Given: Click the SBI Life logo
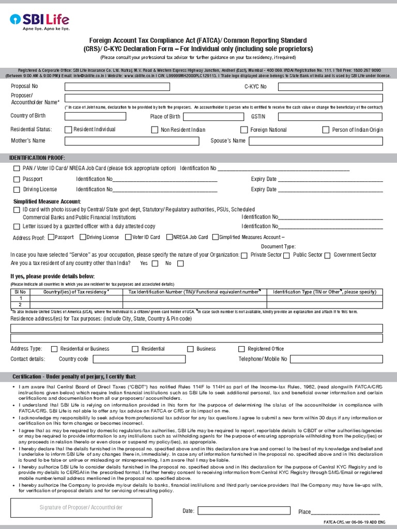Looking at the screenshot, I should coord(39,23).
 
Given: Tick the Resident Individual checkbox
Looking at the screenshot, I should coord(69,130).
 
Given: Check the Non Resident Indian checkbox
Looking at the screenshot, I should coord(155,130).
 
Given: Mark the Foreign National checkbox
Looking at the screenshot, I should coord(244,130).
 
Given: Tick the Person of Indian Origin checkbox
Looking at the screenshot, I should coord(326,130).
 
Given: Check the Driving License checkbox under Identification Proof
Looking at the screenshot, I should coord(17,190).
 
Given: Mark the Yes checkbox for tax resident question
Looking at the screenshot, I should coord(153,263).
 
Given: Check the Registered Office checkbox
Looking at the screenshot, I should coord(241,349).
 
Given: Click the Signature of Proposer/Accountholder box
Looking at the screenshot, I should coord(81,508).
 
